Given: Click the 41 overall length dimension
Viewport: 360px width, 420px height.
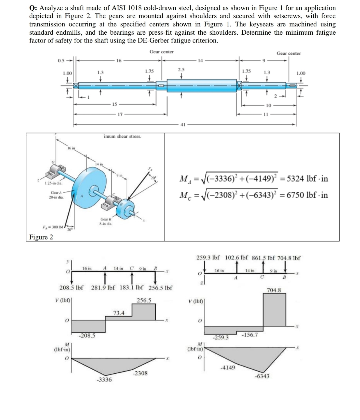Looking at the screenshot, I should (183, 125).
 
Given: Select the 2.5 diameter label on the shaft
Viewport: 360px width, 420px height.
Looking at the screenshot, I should (181, 69).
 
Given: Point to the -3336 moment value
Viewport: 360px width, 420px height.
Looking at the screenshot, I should (104, 380).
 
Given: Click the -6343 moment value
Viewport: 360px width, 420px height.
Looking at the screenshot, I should (262, 376).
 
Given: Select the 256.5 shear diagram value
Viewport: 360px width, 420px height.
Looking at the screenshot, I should (144, 300).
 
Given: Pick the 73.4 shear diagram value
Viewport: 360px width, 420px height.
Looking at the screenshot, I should (119, 313).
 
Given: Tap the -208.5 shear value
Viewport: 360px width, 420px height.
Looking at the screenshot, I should (87, 336).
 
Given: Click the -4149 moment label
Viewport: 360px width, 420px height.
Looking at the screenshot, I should (228, 368).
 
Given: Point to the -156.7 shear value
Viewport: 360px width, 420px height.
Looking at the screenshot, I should (249, 335).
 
